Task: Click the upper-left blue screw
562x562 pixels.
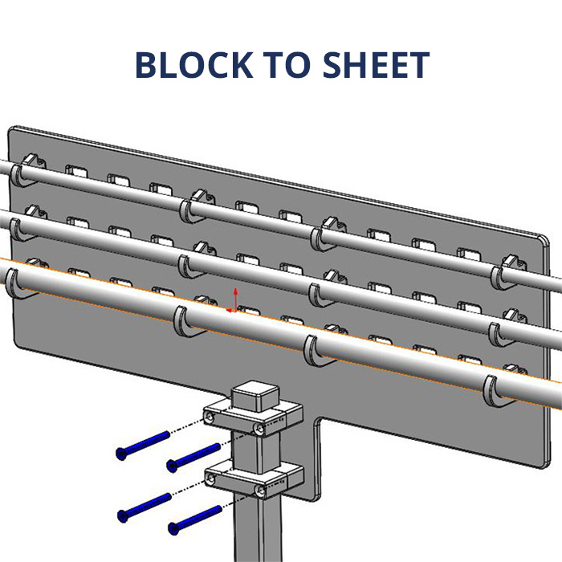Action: click(x=143, y=444)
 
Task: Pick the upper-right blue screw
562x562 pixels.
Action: click(x=193, y=457)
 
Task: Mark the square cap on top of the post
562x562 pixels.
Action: click(x=255, y=396)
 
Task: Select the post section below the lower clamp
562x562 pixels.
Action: click(x=255, y=530)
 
